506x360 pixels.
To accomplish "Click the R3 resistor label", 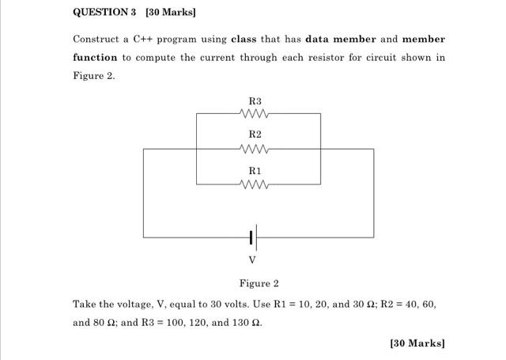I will (255, 101).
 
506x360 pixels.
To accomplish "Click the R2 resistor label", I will (255, 135).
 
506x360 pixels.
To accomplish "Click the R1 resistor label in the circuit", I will (255, 171).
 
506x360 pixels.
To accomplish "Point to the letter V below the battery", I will (252, 260).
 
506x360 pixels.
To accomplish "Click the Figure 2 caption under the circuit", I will (259, 283).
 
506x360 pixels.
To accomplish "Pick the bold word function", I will (95, 58).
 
